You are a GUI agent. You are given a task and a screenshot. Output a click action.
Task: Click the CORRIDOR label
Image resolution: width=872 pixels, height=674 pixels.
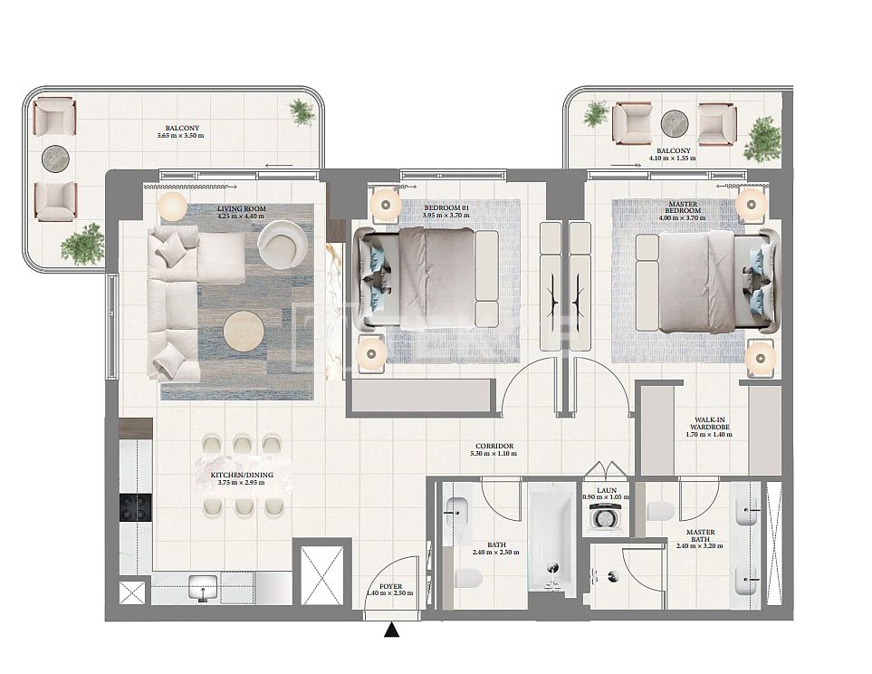pos(494,447)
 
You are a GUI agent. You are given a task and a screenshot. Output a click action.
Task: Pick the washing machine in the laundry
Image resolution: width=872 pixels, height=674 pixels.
pos(603,516)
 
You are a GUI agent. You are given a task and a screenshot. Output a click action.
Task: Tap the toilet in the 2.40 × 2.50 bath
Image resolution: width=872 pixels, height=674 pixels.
pos(467,577)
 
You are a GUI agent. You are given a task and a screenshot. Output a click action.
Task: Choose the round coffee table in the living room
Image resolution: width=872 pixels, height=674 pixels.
pos(245,331)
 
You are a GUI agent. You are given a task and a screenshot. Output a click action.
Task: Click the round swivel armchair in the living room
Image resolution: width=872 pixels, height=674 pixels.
pos(282,242)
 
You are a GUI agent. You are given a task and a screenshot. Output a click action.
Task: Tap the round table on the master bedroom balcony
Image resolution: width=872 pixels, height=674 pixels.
pos(675,122)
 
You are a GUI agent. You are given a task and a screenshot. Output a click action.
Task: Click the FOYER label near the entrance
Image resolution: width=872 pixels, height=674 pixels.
pos(390,587)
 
